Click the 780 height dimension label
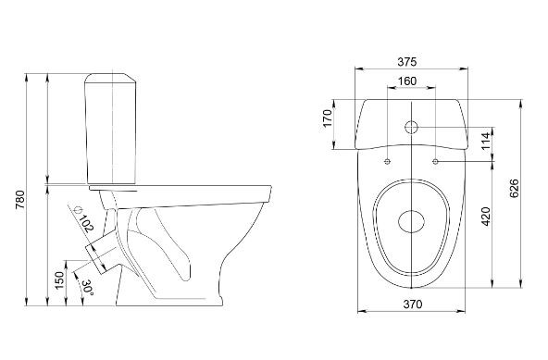pyautogui.click(x=20, y=200)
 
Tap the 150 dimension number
pyautogui.click(x=59, y=280)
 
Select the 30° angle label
pyautogui.click(x=87, y=287)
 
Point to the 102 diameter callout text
pyautogui.click(x=86, y=223)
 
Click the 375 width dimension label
pyautogui.click(x=407, y=62)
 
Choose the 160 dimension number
pyautogui.click(x=407, y=81)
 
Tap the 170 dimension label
pyautogui.click(x=327, y=118)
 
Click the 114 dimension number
pyautogui.click(x=486, y=142)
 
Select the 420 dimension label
pyautogui.click(x=486, y=217)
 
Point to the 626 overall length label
pyautogui.click(x=514, y=188)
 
